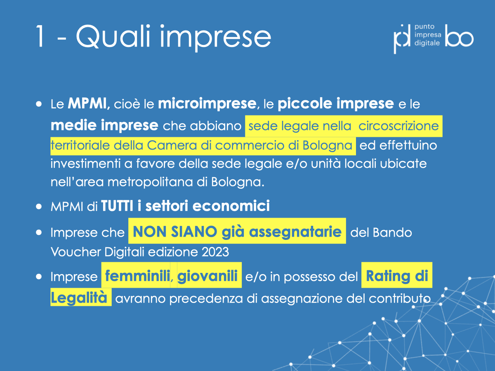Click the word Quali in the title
point(113,37)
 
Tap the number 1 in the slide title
point(40,36)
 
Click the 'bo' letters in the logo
point(459,35)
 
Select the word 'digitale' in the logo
point(427,43)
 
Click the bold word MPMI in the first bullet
point(87,103)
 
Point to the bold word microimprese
point(207,104)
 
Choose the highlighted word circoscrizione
point(398,126)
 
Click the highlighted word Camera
point(172,145)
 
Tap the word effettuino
point(408,145)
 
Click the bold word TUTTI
point(117,206)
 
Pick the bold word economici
point(231,206)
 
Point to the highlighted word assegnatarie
point(295,232)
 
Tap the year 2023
point(215,252)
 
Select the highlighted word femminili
point(137,275)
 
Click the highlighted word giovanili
point(207,276)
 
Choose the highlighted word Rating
point(388,276)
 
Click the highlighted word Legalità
point(79,298)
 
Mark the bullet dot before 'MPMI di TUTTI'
point(39,207)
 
